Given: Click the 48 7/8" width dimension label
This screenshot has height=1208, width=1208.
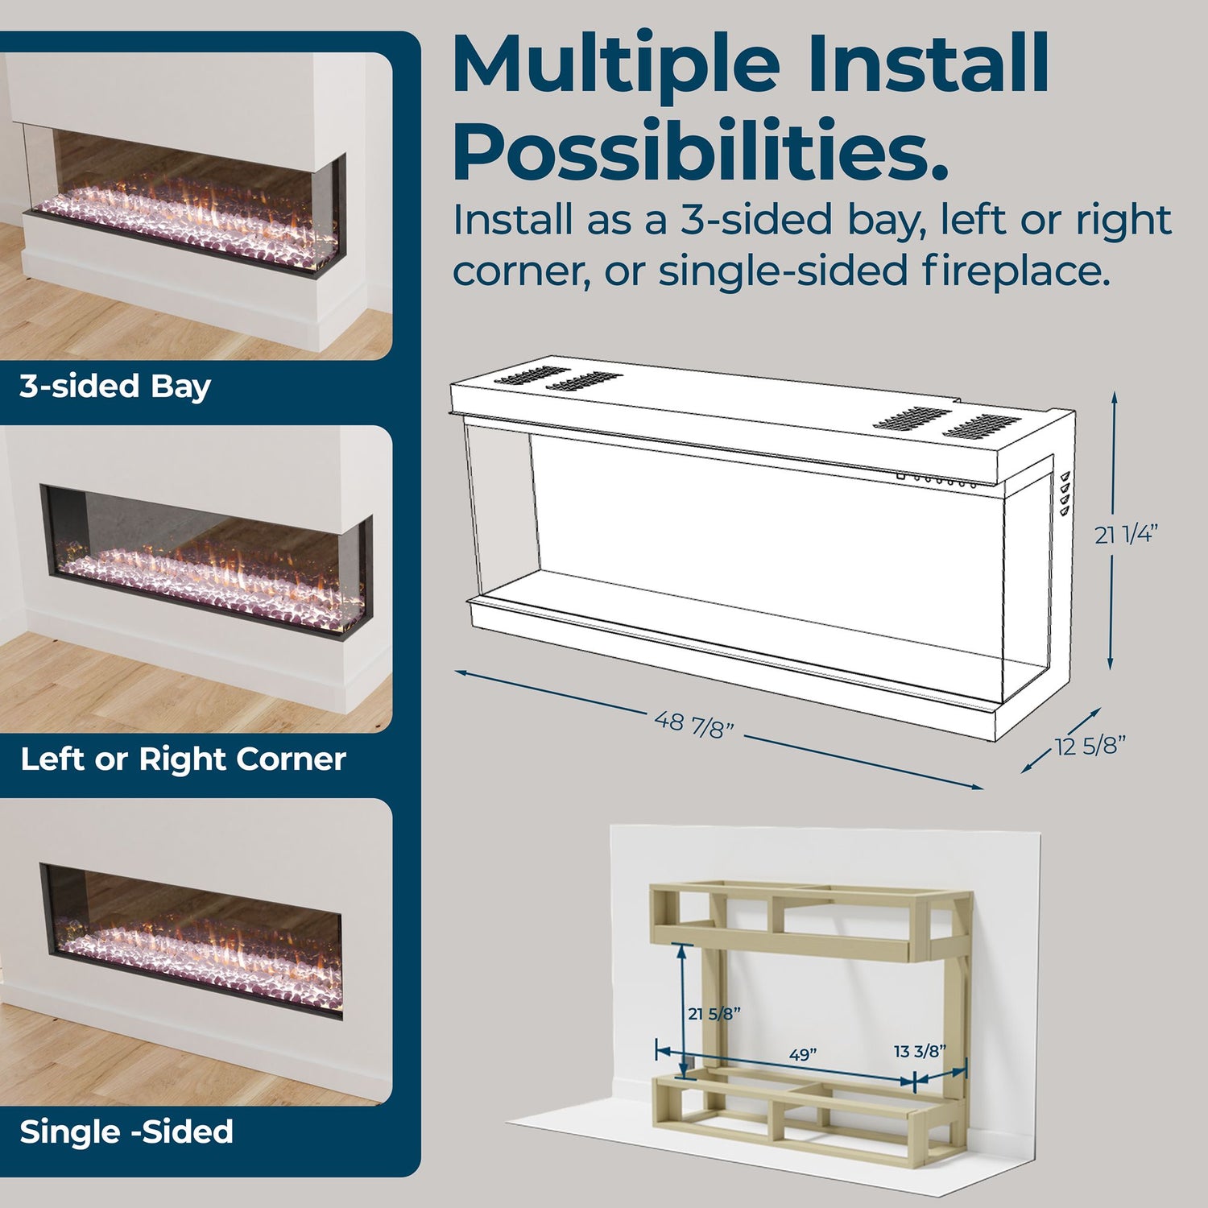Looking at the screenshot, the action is click(694, 724).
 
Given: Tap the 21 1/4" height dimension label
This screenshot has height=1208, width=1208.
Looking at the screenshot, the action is click(1127, 535).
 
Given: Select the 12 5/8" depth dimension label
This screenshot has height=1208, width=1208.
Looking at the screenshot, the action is click(1090, 747).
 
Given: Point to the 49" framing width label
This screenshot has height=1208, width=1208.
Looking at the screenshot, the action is click(803, 1054).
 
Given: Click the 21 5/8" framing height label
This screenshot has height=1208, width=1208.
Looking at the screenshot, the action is click(714, 1014).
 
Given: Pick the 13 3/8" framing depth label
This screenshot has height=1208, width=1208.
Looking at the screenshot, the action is click(920, 1051).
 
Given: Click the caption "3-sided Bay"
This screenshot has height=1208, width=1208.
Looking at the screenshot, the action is click(115, 387).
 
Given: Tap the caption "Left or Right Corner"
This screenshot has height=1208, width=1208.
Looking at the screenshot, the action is click(183, 759).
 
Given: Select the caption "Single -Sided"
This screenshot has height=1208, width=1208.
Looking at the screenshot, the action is click(126, 1132).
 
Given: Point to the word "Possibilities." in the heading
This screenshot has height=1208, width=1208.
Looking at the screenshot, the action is click(701, 151).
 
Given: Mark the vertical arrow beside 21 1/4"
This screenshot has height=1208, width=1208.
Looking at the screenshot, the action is click(1112, 531).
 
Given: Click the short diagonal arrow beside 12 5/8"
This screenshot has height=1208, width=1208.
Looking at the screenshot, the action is click(1061, 741).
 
